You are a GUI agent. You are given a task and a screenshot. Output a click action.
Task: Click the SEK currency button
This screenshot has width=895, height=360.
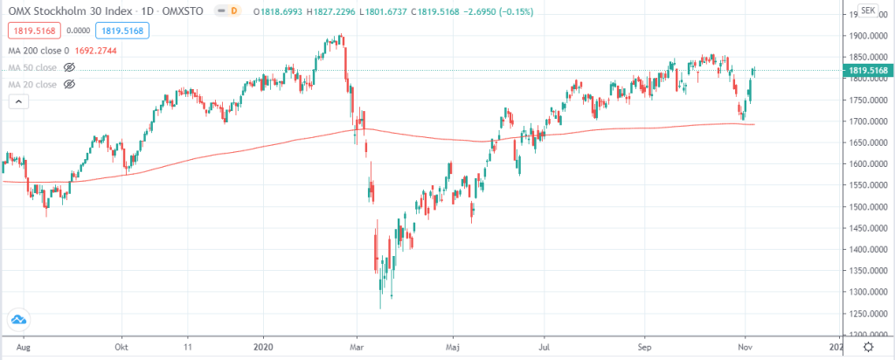(868, 10)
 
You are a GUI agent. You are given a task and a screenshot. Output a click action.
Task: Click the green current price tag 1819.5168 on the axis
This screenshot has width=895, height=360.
(864, 71)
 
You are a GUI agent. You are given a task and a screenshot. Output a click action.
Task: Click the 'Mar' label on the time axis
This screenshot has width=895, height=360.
(356, 347)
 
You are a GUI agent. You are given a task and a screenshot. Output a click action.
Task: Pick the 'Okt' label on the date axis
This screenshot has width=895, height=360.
(123, 347)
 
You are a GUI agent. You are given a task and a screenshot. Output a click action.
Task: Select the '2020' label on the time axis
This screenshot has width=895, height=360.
(263, 347)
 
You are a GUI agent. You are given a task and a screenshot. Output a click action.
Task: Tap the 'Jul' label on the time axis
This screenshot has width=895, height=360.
(544, 347)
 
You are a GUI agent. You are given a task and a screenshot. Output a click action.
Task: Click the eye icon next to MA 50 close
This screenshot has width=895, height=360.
(70, 66)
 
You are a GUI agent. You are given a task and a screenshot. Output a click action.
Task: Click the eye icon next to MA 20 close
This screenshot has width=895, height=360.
(70, 84)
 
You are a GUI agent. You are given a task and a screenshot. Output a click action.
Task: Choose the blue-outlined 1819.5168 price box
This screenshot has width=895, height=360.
(126, 31)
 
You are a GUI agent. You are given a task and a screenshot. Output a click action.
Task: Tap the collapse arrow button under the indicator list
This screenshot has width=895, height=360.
(17, 102)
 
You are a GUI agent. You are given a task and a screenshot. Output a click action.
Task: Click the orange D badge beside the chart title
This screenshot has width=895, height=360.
(234, 12)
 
